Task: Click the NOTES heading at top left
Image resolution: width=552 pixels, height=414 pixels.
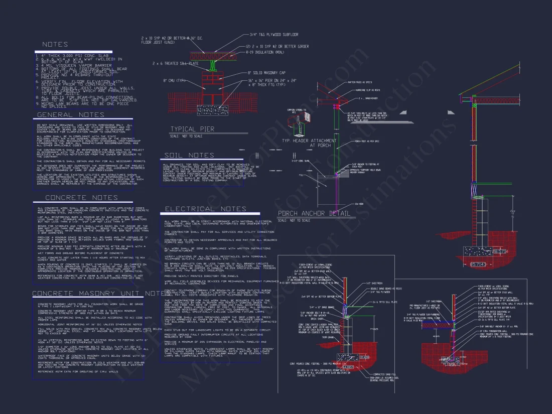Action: click(x=55, y=45)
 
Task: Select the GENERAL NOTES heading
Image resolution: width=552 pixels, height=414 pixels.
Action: click(x=63, y=115)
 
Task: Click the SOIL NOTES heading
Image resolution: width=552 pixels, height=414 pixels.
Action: click(x=189, y=155)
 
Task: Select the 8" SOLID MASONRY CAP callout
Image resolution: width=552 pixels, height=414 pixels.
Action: click(x=265, y=73)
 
